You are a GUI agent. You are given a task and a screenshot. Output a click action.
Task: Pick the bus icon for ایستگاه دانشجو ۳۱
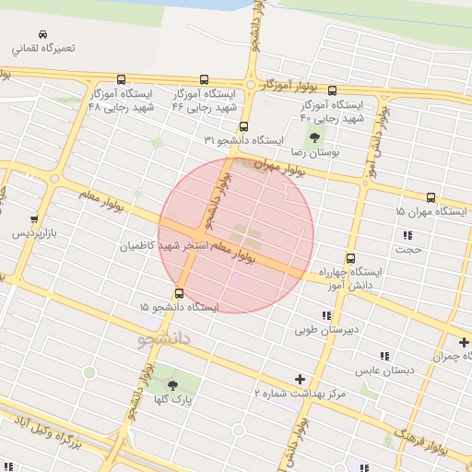pos(243,127)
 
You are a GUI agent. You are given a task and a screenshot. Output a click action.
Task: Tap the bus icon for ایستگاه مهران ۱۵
pos(431,197)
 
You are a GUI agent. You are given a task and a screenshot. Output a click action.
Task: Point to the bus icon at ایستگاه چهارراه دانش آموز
pos(350,258)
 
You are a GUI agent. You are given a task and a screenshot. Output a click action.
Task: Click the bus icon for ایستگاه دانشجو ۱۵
pos(179,294)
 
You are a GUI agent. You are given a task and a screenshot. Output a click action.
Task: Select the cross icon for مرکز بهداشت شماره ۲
pos(300,379)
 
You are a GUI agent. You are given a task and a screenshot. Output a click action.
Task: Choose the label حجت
pos(408,249)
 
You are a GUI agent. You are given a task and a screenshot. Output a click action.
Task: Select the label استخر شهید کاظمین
pos(164,246)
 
